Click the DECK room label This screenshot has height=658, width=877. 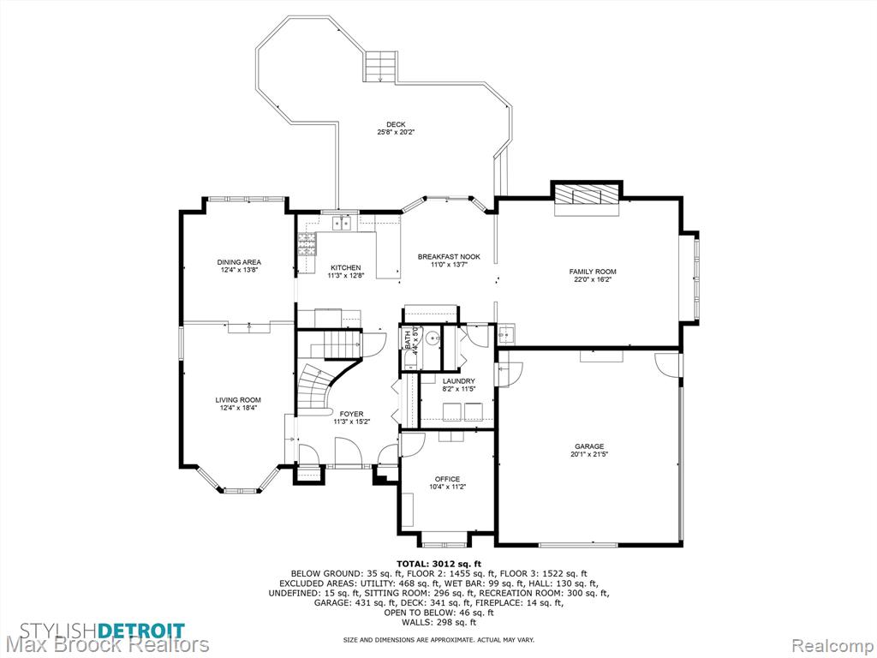(396, 124)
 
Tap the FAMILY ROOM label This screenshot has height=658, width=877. (593, 272)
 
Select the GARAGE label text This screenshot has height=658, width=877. (589, 446)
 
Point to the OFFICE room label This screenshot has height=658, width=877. (447, 479)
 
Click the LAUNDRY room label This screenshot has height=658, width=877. (458, 381)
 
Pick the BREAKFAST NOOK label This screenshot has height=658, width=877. (449, 257)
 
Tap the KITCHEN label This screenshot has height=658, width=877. (346, 267)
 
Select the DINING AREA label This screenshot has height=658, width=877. (239, 262)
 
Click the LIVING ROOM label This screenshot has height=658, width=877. (238, 400)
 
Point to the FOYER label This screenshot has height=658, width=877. (351, 414)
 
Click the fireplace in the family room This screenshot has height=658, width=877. (586, 196)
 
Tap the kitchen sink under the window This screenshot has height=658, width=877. (342, 223)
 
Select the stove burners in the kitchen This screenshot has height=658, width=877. (307, 244)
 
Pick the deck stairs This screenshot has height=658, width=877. (381, 65)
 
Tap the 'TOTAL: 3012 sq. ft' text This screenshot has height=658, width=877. (438, 564)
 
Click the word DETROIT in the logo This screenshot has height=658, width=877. (142, 630)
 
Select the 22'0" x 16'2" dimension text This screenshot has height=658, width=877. (593, 279)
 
